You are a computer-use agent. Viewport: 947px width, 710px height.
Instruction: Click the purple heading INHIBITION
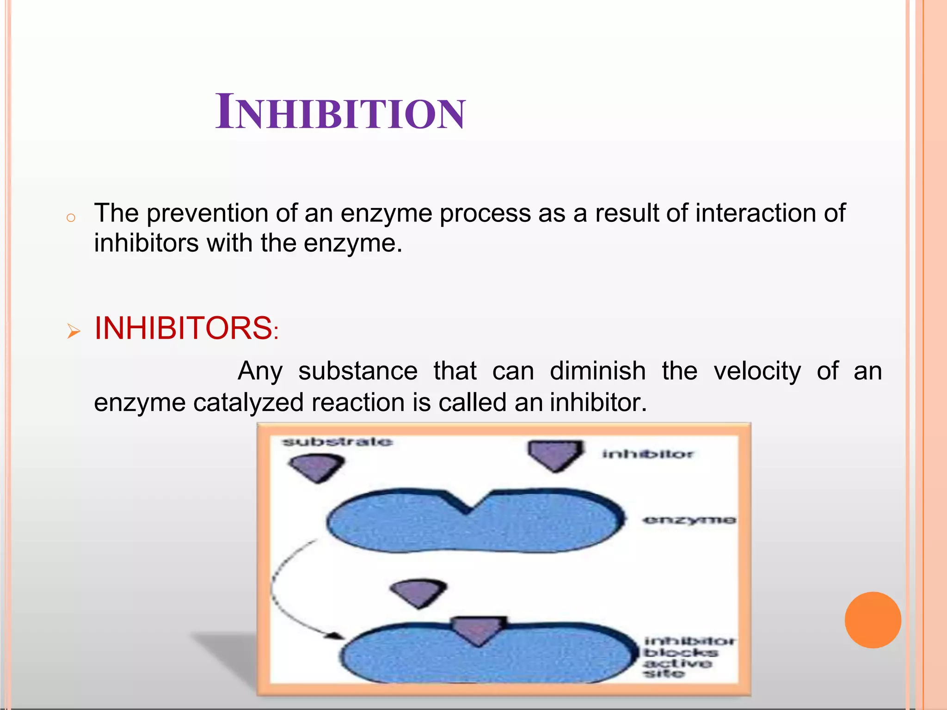click(x=340, y=112)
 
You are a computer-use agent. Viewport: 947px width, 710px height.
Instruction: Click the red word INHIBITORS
click(x=184, y=329)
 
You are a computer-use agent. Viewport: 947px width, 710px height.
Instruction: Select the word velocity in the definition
click(x=757, y=371)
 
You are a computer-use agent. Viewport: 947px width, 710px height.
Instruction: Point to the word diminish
click(x=597, y=371)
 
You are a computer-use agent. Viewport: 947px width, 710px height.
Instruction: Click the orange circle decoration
click(x=873, y=620)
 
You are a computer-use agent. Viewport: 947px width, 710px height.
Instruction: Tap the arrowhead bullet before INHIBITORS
click(x=74, y=331)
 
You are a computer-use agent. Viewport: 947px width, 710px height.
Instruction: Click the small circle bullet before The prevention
click(x=71, y=218)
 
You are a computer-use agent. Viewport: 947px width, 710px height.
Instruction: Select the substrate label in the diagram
click(x=338, y=442)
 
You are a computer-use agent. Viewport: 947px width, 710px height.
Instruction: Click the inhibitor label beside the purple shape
click(x=647, y=454)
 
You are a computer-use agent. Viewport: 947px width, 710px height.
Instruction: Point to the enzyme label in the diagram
click(x=689, y=520)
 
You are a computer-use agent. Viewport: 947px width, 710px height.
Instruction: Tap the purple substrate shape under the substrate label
click(x=317, y=467)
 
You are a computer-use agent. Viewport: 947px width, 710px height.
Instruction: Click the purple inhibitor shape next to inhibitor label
click(x=555, y=454)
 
